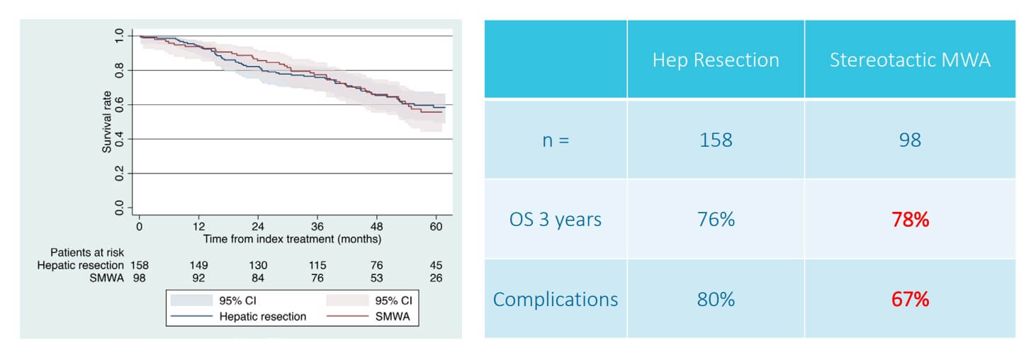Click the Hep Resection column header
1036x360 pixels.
[716, 60]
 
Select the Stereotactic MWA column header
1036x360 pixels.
[910, 60]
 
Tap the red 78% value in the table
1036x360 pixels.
[910, 220]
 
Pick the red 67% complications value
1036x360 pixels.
[910, 299]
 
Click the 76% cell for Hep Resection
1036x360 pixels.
[716, 220]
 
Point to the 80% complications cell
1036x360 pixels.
[716, 299]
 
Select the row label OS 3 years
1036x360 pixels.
[556, 220]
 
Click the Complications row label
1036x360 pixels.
[556, 299]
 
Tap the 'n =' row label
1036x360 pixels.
[556, 140]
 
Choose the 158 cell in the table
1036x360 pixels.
[716, 140]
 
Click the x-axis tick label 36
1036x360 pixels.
[317, 226]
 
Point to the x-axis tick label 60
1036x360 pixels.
[436, 226]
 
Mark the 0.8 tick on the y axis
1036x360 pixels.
[119, 70]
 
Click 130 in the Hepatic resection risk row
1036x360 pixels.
[258, 265]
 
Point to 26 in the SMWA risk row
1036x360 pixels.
[436, 278]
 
